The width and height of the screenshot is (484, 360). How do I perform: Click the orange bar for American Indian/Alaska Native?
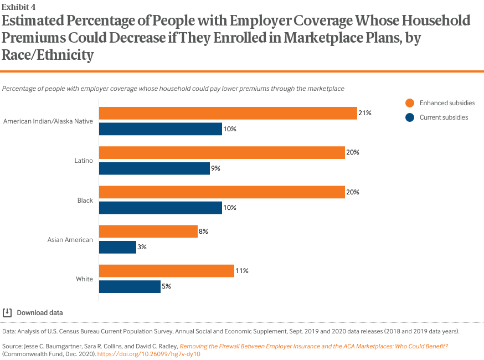click(x=228, y=113)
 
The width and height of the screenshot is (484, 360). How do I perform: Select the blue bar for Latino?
click(x=155, y=168)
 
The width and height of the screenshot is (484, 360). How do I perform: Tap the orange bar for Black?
click(x=222, y=192)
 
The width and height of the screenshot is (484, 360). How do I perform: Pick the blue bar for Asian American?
click(x=117, y=247)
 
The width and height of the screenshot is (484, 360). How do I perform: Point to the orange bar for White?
click(x=166, y=271)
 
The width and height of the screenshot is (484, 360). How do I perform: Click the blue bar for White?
click(x=130, y=286)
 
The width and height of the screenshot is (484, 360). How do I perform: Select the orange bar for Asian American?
click(x=148, y=232)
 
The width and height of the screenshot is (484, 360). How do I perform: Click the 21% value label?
click(x=364, y=113)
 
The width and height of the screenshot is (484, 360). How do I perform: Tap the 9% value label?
click(x=215, y=168)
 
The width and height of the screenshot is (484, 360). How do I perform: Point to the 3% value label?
click(x=142, y=247)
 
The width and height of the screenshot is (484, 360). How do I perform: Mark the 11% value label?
click(x=241, y=271)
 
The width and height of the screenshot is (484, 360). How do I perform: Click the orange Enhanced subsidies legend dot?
click(x=410, y=103)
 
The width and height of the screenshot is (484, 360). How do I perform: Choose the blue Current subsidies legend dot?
click(x=410, y=117)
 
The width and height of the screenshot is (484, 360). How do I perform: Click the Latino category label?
click(x=84, y=161)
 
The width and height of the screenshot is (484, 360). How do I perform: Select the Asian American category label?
click(x=71, y=240)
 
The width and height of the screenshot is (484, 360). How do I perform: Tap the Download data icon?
click(x=7, y=312)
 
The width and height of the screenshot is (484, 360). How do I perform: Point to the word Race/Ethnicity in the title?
click(x=48, y=55)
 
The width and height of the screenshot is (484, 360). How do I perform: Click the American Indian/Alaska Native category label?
click(x=48, y=121)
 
